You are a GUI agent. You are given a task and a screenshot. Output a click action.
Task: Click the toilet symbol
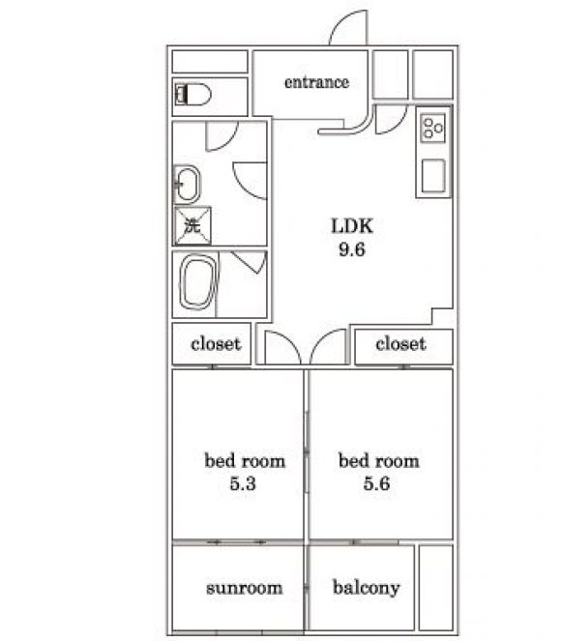tap(192, 95)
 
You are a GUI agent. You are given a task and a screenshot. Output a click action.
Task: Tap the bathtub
tap(198, 282)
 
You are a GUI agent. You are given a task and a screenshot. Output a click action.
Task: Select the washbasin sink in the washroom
tap(187, 185)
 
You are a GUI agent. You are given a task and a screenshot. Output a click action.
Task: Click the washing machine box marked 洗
tap(192, 225)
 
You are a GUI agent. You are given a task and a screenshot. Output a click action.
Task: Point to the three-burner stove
tap(433, 128)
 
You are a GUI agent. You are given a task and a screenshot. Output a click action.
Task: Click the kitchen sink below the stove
tap(433, 176)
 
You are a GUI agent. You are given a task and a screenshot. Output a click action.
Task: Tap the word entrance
tap(317, 82)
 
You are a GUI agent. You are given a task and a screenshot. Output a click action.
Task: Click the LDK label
tap(352, 225)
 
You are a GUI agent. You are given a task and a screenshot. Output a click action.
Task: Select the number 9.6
tap(352, 249)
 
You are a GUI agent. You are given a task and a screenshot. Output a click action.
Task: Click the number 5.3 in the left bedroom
tap(243, 483)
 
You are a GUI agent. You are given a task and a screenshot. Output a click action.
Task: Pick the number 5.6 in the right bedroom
tap(376, 483)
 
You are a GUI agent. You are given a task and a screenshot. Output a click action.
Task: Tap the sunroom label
tap(244, 588)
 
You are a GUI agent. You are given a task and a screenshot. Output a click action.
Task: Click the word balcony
tap(367, 588)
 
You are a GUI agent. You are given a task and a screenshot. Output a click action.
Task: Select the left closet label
tap(216, 344)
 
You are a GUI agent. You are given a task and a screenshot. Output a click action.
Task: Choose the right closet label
tap(400, 344)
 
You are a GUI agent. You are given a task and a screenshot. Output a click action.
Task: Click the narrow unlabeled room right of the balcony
tap(436, 588)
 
